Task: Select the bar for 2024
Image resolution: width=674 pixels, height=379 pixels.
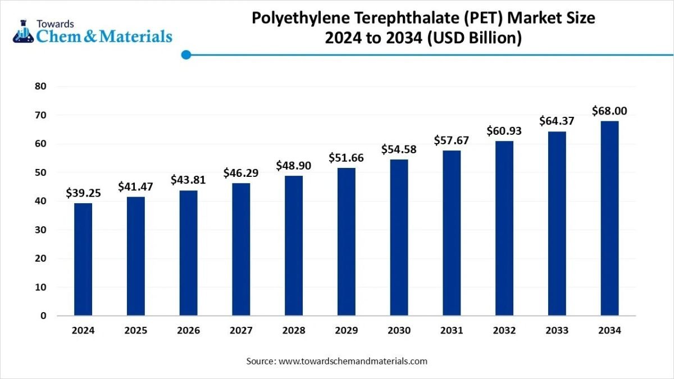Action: coord(83,259)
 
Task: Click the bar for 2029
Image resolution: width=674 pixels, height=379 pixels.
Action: coord(346,241)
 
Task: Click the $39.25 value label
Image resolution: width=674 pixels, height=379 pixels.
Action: coord(83,193)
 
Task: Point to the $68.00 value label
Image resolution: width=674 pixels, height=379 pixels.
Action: coord(609,111)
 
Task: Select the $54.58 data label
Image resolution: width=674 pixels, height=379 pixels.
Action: coord(399,149)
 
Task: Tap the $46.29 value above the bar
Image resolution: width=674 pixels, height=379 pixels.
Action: coord(241,173)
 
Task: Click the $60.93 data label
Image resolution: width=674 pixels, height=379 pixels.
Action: coord(504,131)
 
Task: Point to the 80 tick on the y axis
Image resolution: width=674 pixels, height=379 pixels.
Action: coord(40,86)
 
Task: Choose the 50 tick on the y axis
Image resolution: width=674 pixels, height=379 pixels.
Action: coord(40,172)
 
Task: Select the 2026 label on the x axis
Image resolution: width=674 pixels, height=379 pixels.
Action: coord(188,331)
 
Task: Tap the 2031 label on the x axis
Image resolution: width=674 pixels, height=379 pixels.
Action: coord(452,331)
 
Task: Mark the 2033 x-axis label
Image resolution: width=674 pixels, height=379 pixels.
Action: coord(557,331)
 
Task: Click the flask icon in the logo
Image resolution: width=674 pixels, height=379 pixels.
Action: coord(23,33)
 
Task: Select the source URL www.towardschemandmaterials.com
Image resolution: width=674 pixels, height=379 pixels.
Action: coord(353,361)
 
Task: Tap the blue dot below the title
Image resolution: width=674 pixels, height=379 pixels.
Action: coord(186,54)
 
